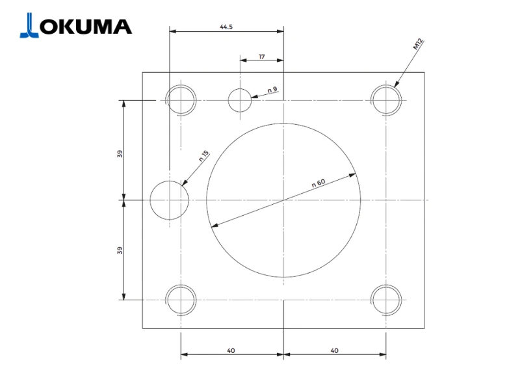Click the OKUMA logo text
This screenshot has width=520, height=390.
coord(86,27)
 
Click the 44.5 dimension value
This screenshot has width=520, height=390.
coord(226,27)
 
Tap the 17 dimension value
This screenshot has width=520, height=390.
coord(262,57)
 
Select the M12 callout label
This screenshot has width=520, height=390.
coord(418,44)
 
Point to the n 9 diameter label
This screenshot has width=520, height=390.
coord(272,90)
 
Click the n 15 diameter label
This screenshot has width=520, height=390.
coord(204,156)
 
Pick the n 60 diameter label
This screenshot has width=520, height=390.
coord(318,183)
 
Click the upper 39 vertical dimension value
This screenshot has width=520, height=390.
coord(120,154)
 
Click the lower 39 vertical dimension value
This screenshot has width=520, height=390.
coord(120,250)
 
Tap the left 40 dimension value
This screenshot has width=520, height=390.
coord(231,350)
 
